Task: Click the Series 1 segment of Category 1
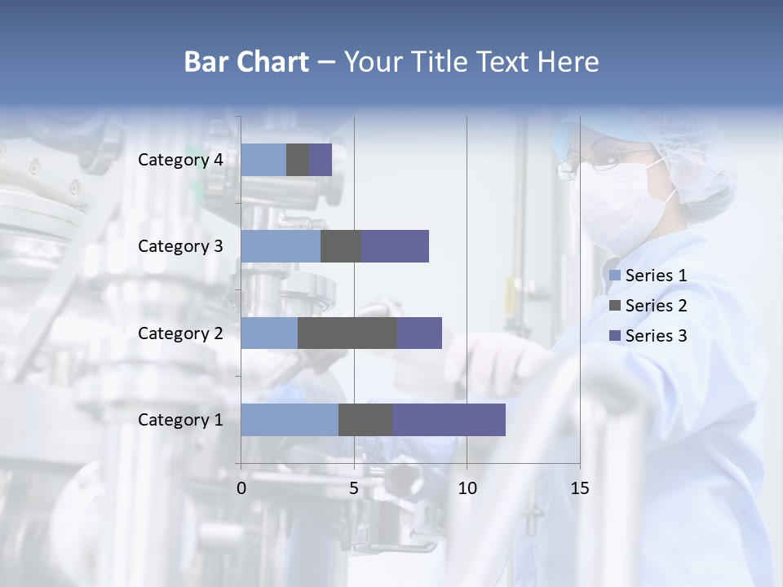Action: pyautogui.click(x=290, y=420)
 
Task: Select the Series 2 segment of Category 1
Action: pyautogui.click(x=365, y=420)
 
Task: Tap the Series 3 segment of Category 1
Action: pyautogui.click(x=449, y=420)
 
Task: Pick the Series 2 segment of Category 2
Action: pyautogui.click(x=347, y=333)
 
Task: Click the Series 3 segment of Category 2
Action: pyautogui.click(x=419, y=333)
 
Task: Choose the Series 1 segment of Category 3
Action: pyautogui.click(x=281, y=246)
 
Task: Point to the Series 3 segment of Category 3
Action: pyautogui.click(x=395, y=246)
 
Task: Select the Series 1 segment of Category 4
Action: pyautogui.click(x=263, y=160)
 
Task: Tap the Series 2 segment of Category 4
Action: pyautogui.click(x=298, y=160)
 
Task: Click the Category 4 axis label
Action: pyautogui.click(x=180, y=160)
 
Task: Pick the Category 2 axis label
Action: pyautogui.click(x=180, y=333)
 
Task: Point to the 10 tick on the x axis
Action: pyautogui.click(x=467, y=488)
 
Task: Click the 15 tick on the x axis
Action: pyautogui.click(x=580, y=488)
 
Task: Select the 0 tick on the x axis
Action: pyautogui.click(x=241, y=488)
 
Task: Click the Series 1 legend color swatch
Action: pyautogui.click(x=614, y=276)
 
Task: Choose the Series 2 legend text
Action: pyautogui.click(x=656, y=306)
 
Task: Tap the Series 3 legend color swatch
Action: pyautogui.click(x=614, y=336)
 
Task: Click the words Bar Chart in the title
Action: pyautogui.click(x=246, y=62)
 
